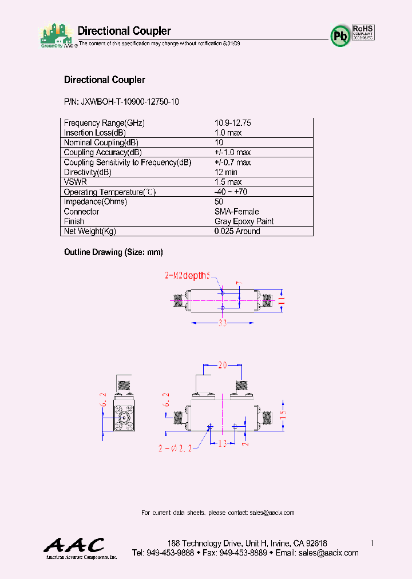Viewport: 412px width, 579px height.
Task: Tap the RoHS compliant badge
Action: pyautogui.click(x=363, y=31)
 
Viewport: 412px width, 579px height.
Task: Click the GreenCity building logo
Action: pyautogui.click(x=56, y=35)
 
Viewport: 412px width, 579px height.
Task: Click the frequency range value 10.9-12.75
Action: pyautogui.click(x=233, y=123)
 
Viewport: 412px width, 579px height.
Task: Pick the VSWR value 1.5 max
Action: pyautogui.click(x=228, y=182)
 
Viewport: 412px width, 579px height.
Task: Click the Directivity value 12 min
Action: pyautogui.click(x=226, y=172)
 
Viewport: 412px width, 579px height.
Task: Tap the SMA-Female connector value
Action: pyautogui.click(x=236, y=212)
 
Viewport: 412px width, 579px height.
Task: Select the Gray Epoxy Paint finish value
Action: pyautogui.click(x=244, y=221)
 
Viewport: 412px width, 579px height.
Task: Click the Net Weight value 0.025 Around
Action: pyautogui.click(x=237, y=231)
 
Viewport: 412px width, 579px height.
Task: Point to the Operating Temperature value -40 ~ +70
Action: pyautogui.click(x=231, y=192)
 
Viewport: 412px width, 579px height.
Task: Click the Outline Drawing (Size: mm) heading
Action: pyautogui.click(x=113, y=252)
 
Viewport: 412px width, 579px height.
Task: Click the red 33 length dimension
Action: pyautogui.click(x=223, y=323)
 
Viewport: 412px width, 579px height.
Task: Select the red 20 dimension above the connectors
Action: pyautogui.click(x=223, y=365)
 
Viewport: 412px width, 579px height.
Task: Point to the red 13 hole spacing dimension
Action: pyautogui.click(x=223, y=443)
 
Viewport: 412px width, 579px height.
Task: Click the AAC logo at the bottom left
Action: pyautogui.click(x=74, y=546)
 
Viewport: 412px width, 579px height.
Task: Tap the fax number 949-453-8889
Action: pyautogui.click(x=243, y=553)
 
